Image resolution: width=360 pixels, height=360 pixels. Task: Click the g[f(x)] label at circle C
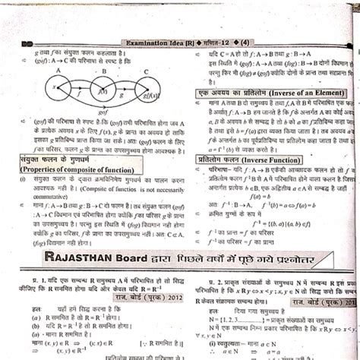151,99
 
